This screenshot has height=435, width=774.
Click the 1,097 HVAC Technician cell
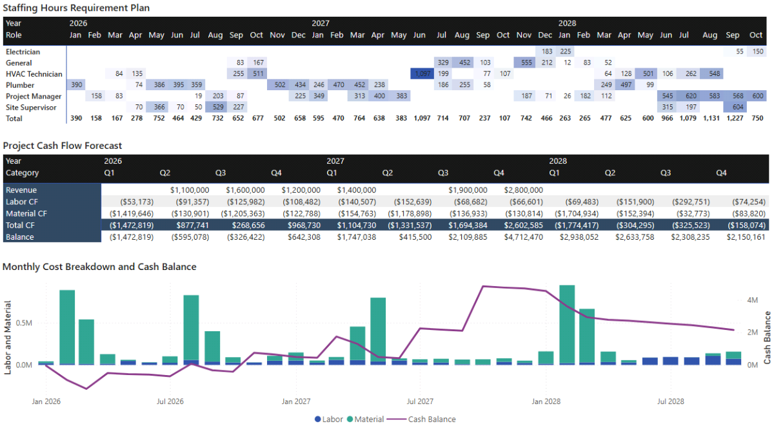pyautogui.click(x=422, y=74)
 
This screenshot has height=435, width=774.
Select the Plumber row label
pyautogui.click(x=20, y=85)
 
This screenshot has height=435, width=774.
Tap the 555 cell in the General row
pyautogui.click(x=525, y=63)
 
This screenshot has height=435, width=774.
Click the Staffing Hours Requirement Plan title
pyautogui.click(x=76, y=7)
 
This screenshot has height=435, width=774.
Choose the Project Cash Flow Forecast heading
pyautogui.click(x=63, y=146)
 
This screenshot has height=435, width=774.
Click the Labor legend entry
pyautogui.click(x=329, y=420)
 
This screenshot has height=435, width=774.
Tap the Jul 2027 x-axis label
pyautogui.click(x=420, y=401)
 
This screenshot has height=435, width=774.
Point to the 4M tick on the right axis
pyautogui.click(x=752, y=300)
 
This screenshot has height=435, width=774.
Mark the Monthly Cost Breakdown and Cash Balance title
pyautogui.click(x=99, y=267)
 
